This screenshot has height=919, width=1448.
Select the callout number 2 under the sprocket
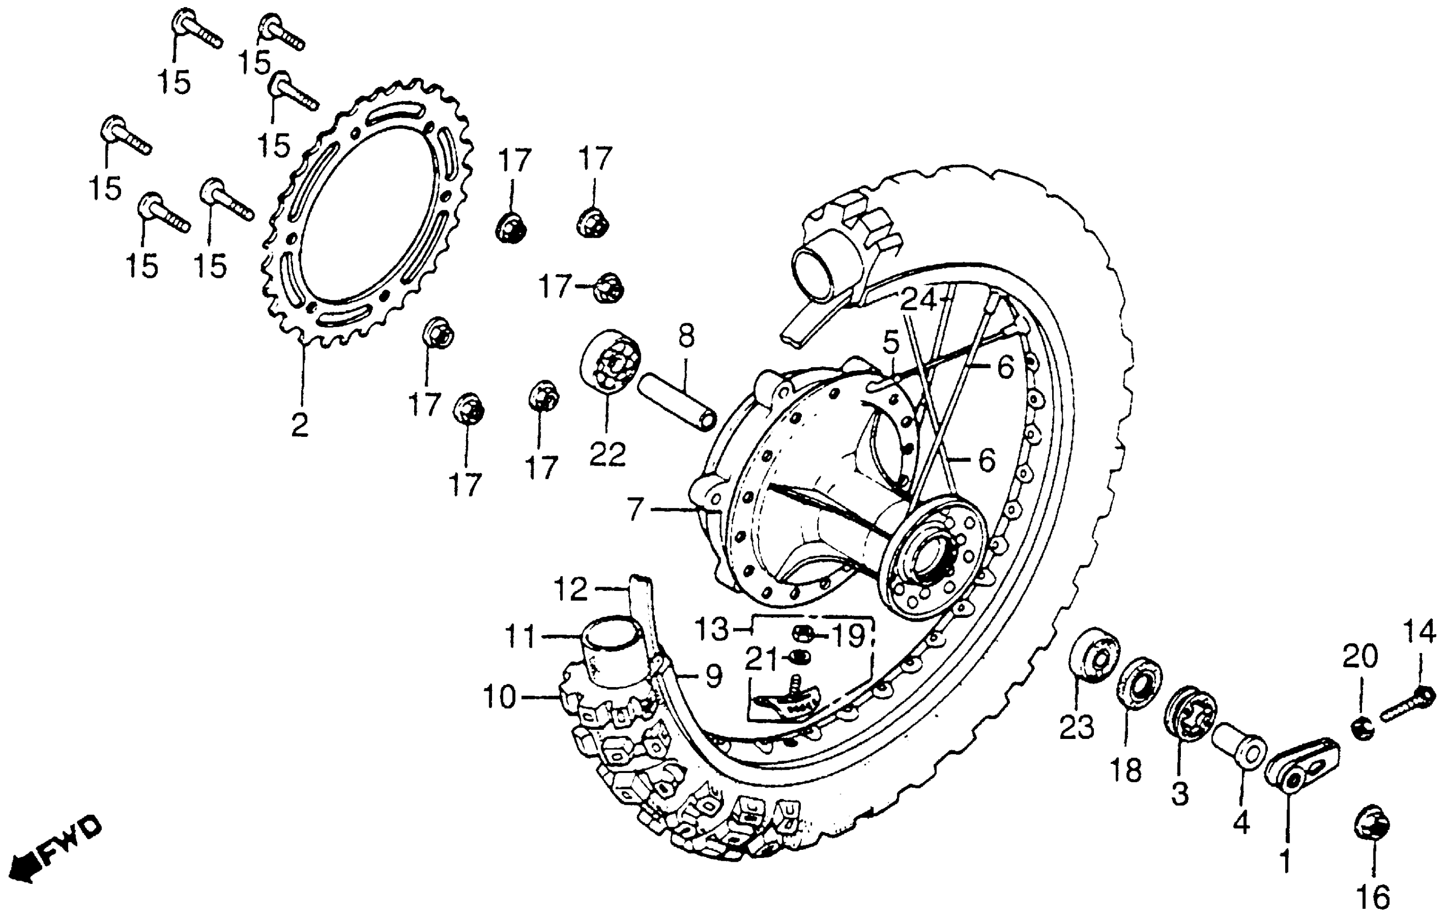pos(300,425)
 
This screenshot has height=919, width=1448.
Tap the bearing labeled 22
pos(610,362)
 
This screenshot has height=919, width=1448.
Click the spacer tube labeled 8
pos(677,402)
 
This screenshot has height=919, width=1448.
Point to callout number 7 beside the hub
pos(636,509)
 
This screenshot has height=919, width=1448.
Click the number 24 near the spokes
pos(919,299)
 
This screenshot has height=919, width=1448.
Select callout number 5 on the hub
pos(891,343)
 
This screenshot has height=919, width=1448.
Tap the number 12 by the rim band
pos(570,590)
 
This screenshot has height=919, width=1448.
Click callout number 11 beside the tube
pos(520,637)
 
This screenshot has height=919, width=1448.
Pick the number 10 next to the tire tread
pos(500,697)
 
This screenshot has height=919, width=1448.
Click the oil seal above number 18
pos(1139,683)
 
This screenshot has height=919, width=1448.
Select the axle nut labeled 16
pos(1373,830)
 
